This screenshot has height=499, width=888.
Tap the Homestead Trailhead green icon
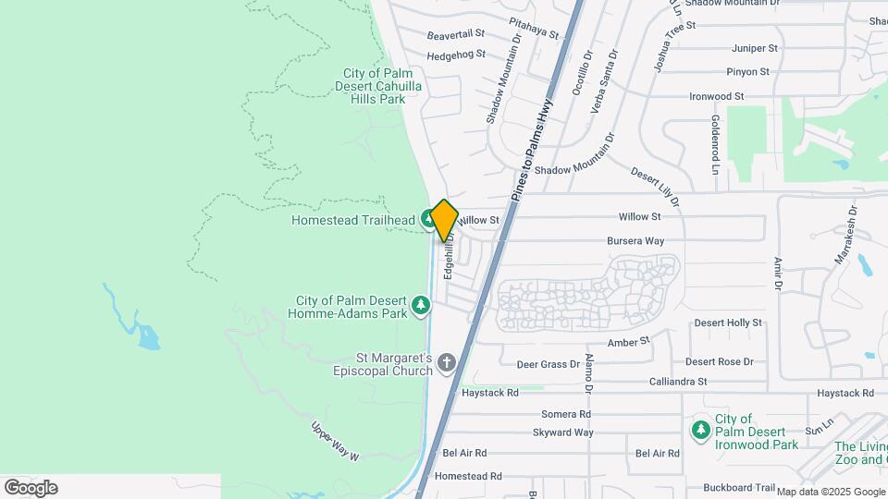[x=429, y=219]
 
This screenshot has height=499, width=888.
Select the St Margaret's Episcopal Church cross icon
[x=447, y=361]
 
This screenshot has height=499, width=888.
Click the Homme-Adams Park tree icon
[x=421, y=304]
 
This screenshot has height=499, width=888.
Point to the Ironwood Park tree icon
[x=701, y=430]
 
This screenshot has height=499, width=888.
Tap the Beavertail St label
[x=456, y=36]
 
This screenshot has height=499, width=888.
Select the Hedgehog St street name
[x=456, y=55]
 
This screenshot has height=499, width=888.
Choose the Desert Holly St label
[x=728, y=323]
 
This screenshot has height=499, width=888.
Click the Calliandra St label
[x=677, y=381]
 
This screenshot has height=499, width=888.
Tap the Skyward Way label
[x=562, y=432]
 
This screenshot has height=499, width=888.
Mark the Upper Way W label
[x=334, y=442]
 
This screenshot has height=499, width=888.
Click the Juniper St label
[x=755, y=47]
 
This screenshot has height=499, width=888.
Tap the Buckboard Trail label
[x=738, y=487]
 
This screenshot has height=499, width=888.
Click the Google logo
[x=31, y=488]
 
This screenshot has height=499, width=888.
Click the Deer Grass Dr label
[x=548, y=365]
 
